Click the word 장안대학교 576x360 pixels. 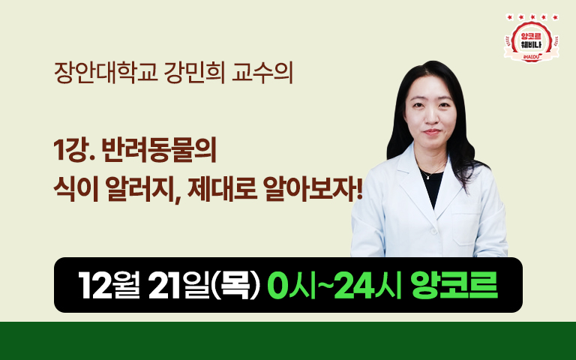tap(106, 73)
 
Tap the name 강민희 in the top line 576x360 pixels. tap(194, 73)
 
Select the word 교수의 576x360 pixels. tap(262, 73)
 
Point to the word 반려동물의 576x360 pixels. tap(159, 150)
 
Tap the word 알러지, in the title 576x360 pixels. tap(144, 190)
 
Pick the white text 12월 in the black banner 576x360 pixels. tap(109, 286)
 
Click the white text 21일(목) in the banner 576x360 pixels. tap(204, 286)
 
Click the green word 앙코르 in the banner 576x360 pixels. tap(454, 286)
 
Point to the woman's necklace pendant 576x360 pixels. tap(428, 178)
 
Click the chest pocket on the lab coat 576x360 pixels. tap(466, 227)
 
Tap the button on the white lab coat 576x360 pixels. tap(433, 231)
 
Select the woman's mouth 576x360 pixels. tap(432, 131)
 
